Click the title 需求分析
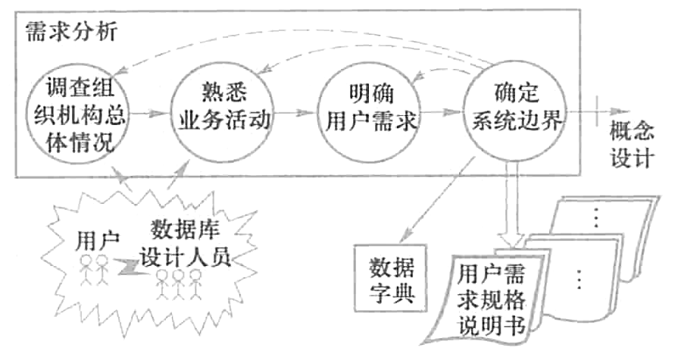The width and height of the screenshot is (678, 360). (72, 33)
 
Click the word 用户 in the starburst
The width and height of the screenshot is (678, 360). (97, 241)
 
